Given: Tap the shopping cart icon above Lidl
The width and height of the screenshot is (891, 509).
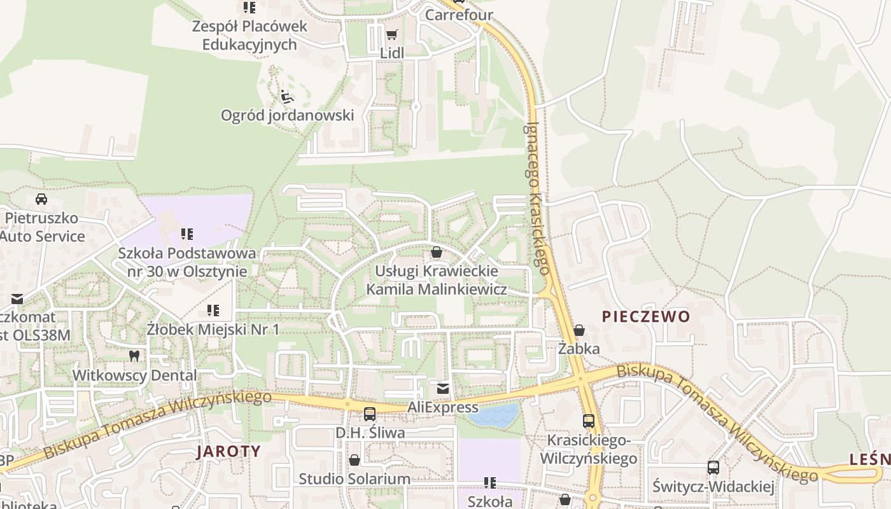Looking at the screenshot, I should [391, 35].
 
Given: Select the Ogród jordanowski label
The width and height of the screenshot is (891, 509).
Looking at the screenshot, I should [287, 115].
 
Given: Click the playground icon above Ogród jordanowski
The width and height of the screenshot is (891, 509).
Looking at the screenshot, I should [287, 97].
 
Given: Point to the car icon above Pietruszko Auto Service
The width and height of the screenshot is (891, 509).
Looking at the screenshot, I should [41, 199].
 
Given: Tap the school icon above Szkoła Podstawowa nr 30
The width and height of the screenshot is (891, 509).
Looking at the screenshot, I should [186, 234].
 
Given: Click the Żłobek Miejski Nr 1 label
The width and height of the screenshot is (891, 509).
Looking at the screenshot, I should [213, 330].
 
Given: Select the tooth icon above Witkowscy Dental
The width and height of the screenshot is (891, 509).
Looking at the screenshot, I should [134, 356].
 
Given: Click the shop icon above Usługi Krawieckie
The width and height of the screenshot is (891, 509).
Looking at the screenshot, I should [437, 253].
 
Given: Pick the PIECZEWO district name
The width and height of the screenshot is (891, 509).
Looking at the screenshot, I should [646, 316].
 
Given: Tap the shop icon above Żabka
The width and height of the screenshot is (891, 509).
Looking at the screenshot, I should [579, 330].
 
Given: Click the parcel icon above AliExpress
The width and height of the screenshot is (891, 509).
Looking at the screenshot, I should [443, 388].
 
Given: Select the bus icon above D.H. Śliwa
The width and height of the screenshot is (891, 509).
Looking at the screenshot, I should [370, 414].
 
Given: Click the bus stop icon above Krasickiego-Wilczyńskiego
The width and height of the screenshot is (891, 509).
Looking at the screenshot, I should [589, 421].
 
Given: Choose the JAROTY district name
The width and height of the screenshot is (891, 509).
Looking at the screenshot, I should [228, 451].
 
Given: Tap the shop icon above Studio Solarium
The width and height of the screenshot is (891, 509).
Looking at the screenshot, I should [354, 460].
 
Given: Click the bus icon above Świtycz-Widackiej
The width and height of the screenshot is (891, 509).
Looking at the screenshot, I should [713, 468].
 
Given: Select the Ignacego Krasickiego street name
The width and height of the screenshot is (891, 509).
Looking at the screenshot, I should [537, 197].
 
